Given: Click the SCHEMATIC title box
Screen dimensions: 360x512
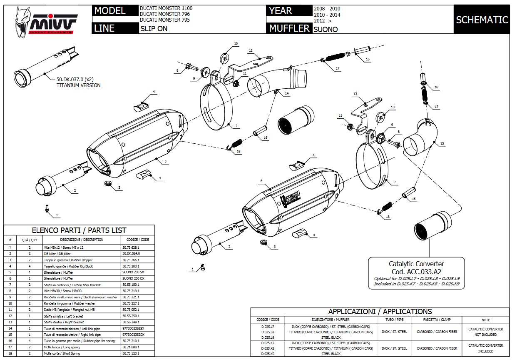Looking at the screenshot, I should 482,20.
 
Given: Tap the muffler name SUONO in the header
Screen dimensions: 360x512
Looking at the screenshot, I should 326,29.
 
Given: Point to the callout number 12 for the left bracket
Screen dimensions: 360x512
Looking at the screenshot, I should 251,51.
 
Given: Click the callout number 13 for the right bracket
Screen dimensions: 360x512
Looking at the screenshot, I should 355,94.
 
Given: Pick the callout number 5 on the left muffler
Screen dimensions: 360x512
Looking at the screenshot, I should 165,161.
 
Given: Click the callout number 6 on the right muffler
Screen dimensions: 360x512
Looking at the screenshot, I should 261,181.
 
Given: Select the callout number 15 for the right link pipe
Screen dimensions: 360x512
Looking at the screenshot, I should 442,143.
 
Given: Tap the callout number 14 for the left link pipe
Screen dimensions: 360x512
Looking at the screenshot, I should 287,94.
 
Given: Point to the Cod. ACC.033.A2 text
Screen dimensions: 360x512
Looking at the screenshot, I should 416,271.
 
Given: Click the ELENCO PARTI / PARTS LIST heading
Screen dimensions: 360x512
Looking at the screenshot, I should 79,230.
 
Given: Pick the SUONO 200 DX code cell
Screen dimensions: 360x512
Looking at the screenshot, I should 133,278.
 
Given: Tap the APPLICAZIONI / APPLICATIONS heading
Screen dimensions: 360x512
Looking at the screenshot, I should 380,312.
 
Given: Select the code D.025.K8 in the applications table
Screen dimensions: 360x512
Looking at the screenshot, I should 268,348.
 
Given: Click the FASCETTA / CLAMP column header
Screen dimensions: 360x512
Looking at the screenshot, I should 437,320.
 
